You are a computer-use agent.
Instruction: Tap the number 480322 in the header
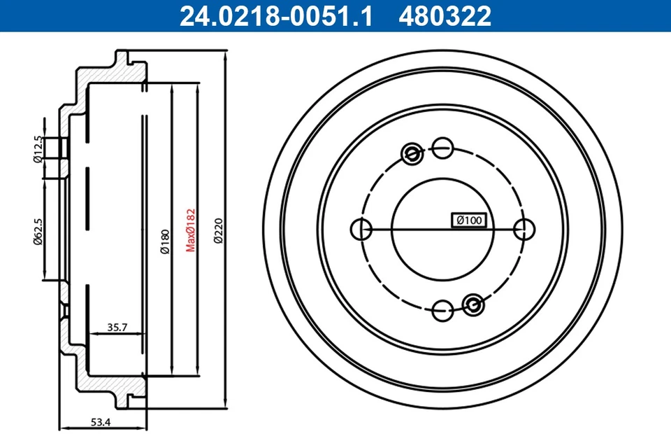tap(445, 15)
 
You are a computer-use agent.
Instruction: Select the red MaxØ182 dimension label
tap(189, 229)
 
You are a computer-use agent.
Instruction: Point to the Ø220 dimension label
tap(217, 229)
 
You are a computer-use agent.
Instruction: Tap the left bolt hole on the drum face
tap(359, 228)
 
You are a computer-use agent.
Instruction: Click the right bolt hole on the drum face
tap(524, 228)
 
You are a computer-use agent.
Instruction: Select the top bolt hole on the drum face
tap(442, 147)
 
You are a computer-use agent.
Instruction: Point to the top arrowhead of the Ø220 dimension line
tap(226, 55)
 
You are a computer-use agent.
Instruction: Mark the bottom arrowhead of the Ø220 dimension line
tap(226, 405)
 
